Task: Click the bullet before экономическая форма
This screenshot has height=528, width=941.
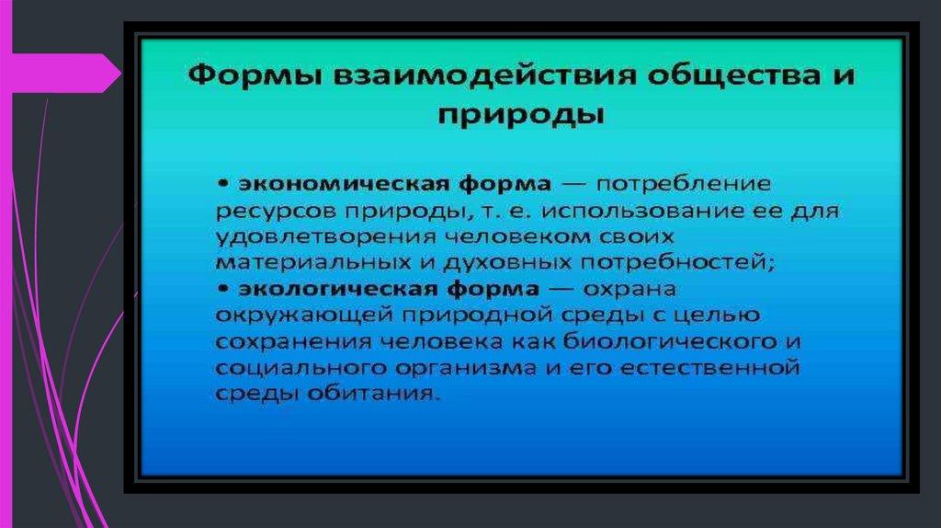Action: point(223,183)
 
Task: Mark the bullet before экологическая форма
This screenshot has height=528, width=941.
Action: point(223,289)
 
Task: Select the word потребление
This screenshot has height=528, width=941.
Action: point(683,184)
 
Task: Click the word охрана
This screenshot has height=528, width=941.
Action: point(629,289)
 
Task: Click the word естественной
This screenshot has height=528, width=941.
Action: point(710,367)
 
